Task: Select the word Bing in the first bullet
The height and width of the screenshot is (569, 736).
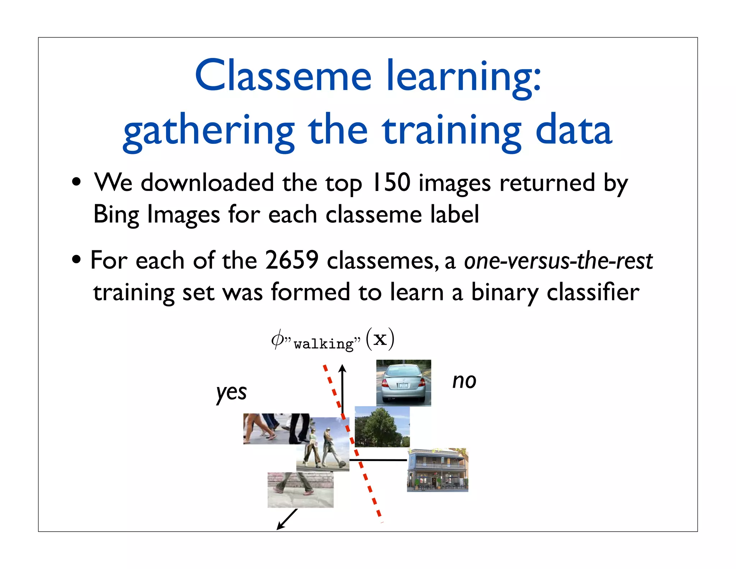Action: click(x=116, y=215)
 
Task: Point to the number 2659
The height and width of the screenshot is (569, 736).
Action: click(x=291, y=260)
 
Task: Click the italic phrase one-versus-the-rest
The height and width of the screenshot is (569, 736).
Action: click(x=558, y=261)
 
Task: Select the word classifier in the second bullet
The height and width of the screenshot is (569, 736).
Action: click(x=593, y=292)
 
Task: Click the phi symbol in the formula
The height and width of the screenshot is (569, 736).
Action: click(x=277, y=339)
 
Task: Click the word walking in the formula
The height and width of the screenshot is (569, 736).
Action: click(x=323, y=344)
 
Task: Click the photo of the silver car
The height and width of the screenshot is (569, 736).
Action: click(x=403, y=382)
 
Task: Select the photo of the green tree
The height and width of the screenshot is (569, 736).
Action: click(x=382, y=427)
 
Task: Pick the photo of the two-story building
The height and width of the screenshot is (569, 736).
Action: click(x=437, y=470)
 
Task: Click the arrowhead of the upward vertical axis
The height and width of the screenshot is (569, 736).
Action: click(x=342, y=368)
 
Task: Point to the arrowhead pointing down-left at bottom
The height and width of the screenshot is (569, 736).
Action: click(x=280, y=527)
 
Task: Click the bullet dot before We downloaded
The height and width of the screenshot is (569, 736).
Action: click(x=76, y=182)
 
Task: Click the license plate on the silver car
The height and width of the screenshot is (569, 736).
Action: click(x=403, y=385)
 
